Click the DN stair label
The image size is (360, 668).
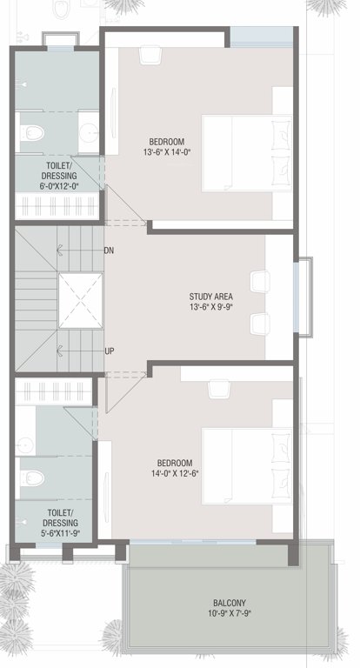point(109,250)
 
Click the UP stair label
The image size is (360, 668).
point(109,351)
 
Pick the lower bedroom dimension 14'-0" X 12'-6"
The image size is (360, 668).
point(174,474)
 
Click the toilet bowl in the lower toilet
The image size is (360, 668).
point(33,478)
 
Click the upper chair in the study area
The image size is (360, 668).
point(258,283)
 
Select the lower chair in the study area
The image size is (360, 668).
point(258,323)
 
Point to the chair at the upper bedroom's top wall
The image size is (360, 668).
point(150,53)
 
